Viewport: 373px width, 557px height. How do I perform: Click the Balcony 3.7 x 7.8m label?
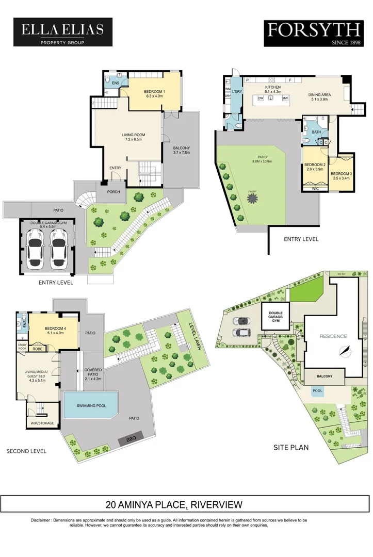coord(182,150)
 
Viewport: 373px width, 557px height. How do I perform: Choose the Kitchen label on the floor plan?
coord(273,89)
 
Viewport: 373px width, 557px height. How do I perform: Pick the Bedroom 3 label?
coord(341,176)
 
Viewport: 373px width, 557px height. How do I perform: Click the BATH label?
coord(316,132)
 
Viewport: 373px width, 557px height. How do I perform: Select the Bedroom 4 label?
coord(54,330)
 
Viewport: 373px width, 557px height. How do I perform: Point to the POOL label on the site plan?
coord(317,391)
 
